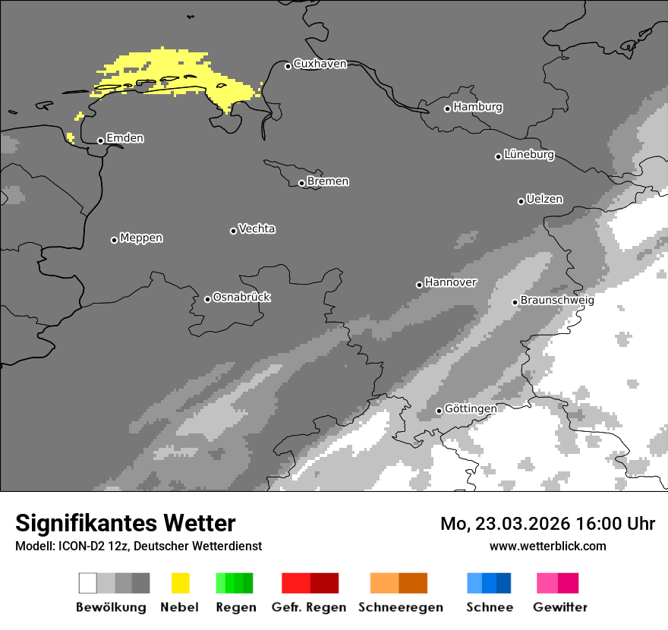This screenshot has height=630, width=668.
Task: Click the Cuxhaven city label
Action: pyautogui.click(x=320, y=65)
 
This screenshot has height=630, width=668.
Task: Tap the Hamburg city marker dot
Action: pyautogui.click(x=447, y=109)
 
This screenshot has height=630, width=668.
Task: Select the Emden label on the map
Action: pyautogui.click(x=124, y=139)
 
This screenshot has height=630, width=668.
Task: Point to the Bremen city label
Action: pyautogui.click(x=328, y=182)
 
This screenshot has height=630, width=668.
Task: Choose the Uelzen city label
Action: pyautogui.click(x=544, y=200)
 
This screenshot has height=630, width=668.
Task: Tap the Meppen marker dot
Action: pyautogui.click(x=114, y=240)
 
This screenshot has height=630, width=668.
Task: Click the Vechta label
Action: pyautogui.click(x=257, y=229)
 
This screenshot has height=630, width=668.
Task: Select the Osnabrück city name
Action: pyautogui.click(x=241, y=298)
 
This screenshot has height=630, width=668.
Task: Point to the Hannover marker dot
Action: pyautogui.click(x=419, y=285)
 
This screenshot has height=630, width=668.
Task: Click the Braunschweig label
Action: pyautogui.click(x=557, y=301)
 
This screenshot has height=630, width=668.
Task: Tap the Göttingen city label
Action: pyautogui.click(x=471, y=409)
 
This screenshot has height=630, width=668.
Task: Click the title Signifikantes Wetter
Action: pyautogui.click(x=125, y=524)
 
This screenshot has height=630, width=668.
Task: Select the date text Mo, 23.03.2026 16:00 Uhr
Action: pyautogui.click(x=547, y=524)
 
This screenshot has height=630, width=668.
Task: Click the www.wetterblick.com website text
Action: pyautogui.click(x=547, y=547)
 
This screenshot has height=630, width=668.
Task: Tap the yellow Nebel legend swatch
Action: pyautogui.click(x=180, y=583)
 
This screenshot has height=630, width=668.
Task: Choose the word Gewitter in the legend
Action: pyautogui.click(x=559, y=607)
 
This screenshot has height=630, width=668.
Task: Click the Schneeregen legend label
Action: pyautogui.click(x=401, y=607)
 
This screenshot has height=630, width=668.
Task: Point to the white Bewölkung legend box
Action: pyautogui.click(x=88, y=583)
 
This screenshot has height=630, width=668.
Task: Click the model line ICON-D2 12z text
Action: pyautogui.click(x=138, y=547)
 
